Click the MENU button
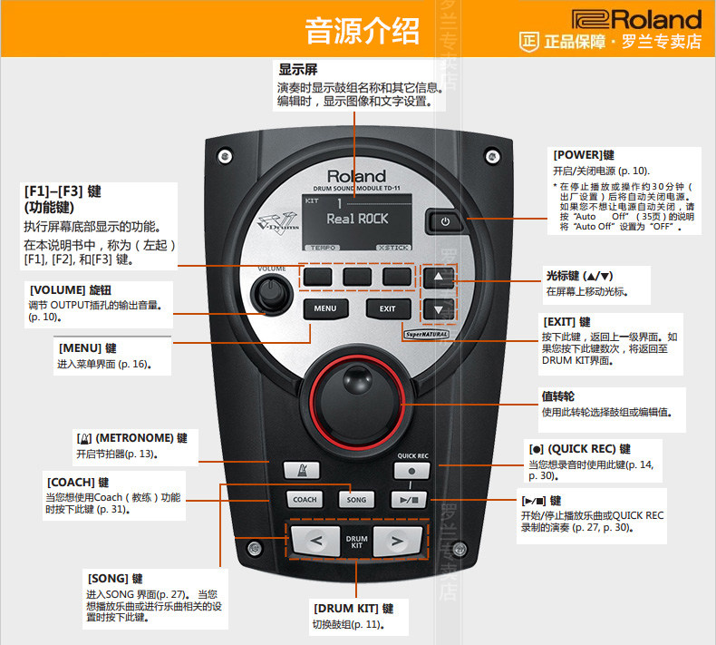click(x=325, y=308)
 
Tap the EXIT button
click(x=387, y=308)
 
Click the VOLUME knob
click(x=269, y=294)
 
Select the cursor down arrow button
click(x=440, y=308)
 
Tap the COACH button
click(x=305, y=499)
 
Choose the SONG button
click(x=356, y=499)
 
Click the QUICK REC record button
click(x=411, y=471)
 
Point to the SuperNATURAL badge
click(x=426, y=335)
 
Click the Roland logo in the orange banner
click(x=636, y=19)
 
